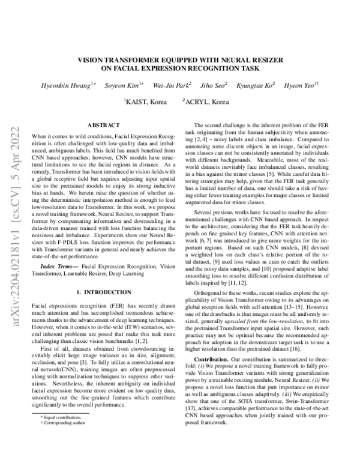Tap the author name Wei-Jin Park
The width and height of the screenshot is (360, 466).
pyautogui.click(x=170, y=85)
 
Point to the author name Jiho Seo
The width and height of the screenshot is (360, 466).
pyautogui.click(x=212, y=85)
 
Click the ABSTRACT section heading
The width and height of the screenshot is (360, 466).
pyautogui.click(x=104, y=125)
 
